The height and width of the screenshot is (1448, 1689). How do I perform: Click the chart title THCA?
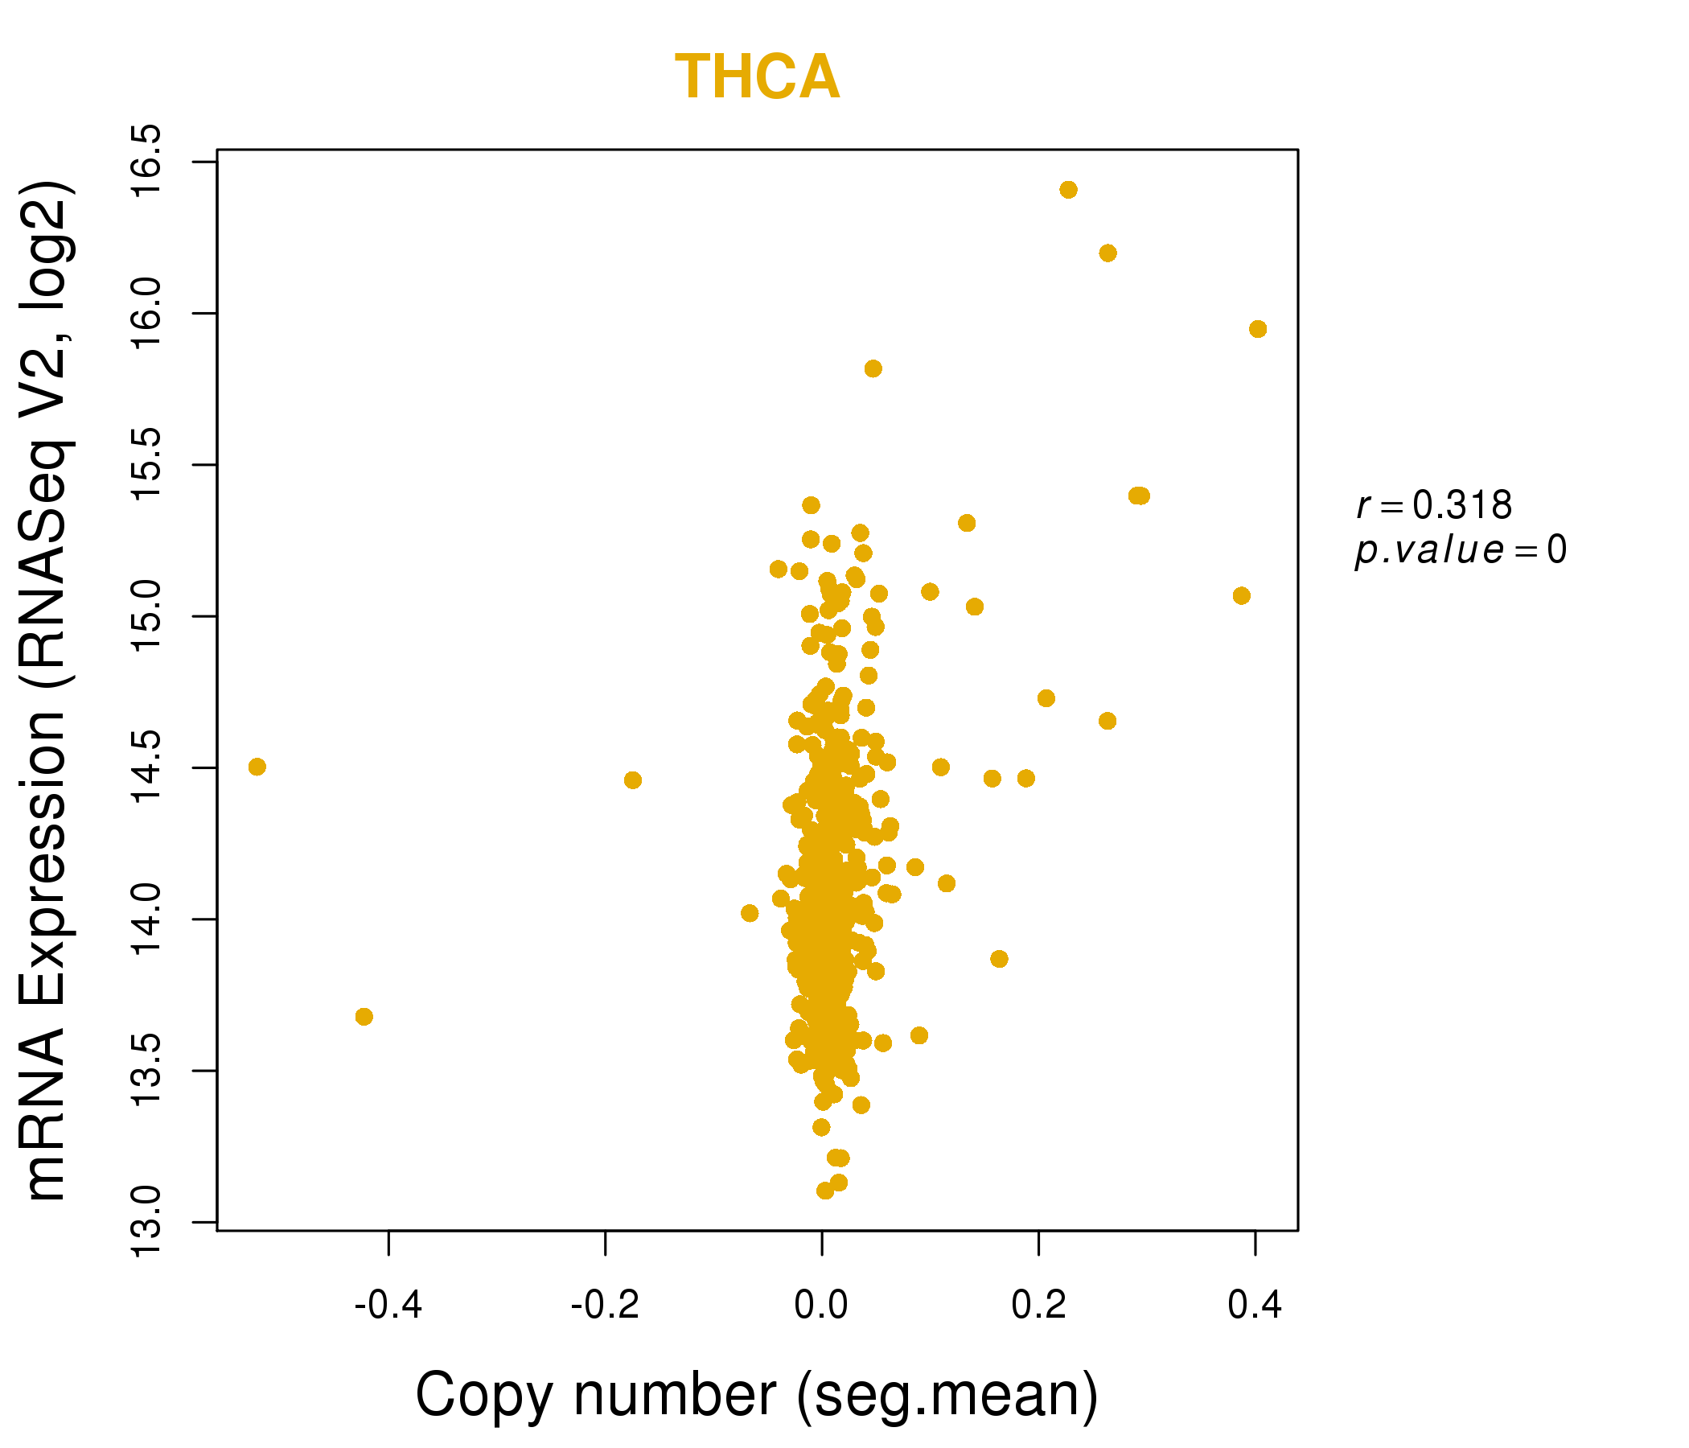tap(757, 78)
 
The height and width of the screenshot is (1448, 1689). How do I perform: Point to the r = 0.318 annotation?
tap(1434, 505)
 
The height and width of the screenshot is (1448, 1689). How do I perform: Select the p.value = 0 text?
tap(1460, 550)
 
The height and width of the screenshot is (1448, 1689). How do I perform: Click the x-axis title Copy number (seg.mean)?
tap(757, 1395)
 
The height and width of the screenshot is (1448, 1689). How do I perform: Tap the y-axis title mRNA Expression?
tap(47, 690)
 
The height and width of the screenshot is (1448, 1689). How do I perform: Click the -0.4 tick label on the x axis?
tap(388, 1306)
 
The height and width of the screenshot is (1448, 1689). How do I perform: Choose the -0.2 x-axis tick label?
tap(605, 1306)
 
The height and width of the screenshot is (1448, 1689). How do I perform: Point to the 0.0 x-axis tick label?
tap(821, 1306)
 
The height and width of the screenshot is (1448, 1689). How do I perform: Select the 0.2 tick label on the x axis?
tap(1038, 1306)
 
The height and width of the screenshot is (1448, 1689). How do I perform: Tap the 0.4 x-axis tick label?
tap(1255, 1306)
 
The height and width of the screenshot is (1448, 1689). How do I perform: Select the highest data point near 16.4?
tap(1069, 190)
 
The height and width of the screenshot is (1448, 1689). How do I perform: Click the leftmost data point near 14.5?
tap(257, 767)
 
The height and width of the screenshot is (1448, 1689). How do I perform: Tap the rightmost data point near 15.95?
tap(1258, 329)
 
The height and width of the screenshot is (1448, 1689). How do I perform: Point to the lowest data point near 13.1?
tap(825, 1191)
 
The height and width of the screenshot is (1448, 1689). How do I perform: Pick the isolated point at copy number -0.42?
tap(364, 1017)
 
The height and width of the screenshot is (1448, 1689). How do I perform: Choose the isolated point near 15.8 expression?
tap(873, 369)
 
